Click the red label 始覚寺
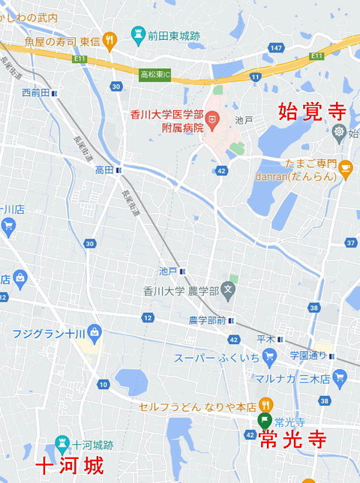pyautogui.click(x=311, y=112)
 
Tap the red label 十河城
pyautogui.click(x=70, y=466)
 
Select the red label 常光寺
pyautogui.click(x=292, y=440)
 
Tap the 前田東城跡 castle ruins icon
pyautogui.click(x=137, y=34)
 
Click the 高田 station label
pyautogui.click(x=103, y=170)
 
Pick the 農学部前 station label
pyautogui.click(x=207, y=320)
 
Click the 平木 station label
pyautogui.click(x=265, y=338)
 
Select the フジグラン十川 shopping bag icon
pyautogui.click(x=94, y=331)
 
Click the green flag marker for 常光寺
pyautogui.click(x=264, y=421)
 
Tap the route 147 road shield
pyautogui.click(x=276, y=48)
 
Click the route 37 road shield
pyautogui.click(x=351, y=242)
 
